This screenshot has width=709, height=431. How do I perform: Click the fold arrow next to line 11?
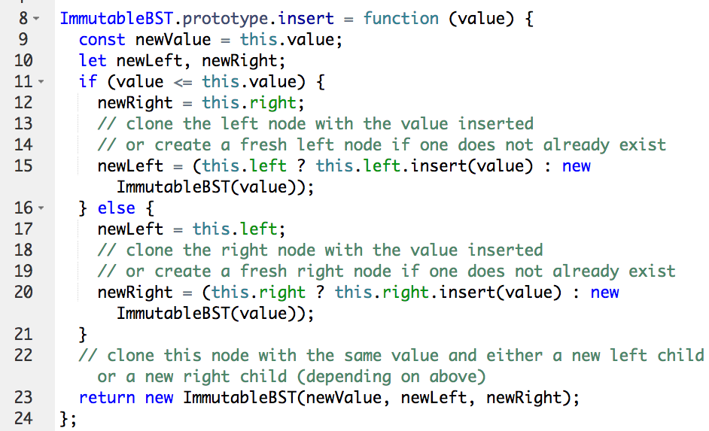(41, 82)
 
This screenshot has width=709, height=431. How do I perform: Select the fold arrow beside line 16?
(41, 208)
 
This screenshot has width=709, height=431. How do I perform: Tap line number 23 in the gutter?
(23, 398)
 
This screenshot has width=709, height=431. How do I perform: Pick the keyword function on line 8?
(400, 19)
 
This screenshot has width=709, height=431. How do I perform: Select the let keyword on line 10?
(93, 61)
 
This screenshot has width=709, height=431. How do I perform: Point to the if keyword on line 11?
(88, 82)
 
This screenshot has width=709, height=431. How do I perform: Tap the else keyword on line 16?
(116, 208)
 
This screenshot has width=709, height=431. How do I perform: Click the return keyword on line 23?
(106, 398)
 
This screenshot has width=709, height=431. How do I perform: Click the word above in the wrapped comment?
(458, 377)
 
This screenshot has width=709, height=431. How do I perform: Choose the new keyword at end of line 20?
(604, 293)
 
